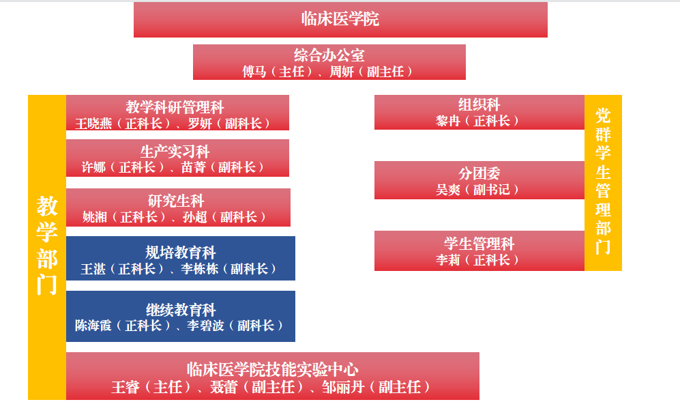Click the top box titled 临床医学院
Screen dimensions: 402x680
pos(340,20)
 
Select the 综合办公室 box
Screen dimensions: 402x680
pos(329,62)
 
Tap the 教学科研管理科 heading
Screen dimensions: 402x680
pos(175,106)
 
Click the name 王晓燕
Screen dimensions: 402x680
pos(91,124)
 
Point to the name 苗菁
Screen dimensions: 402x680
pos(193,167)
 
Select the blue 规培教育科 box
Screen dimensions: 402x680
pos(180,258)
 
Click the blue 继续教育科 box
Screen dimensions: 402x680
pos(180,316)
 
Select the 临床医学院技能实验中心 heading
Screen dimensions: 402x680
pos(272,369)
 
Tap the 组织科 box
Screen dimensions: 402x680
pos(479,112)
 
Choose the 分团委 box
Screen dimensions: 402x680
pos(479,180)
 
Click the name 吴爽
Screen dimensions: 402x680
pos(451,190)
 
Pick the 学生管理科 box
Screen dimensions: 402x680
pos(479,250)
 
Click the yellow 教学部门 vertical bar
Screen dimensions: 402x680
pos(46,246)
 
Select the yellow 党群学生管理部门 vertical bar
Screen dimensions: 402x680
pos(603,182)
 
